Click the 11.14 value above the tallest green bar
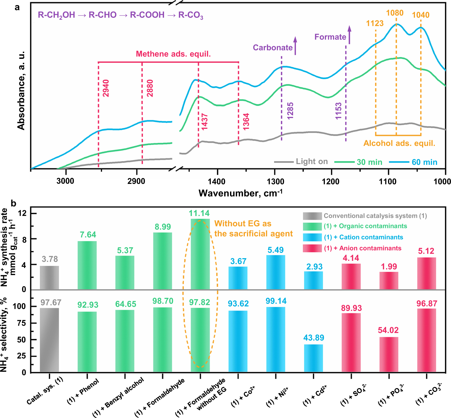tap(199, 213)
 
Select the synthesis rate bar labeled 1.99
tap(389, 280)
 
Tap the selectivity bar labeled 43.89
tap(313, 358)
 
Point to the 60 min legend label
tap(424, 162)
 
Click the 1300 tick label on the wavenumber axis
tap(276, 182)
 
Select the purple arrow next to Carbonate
tap(295, 46)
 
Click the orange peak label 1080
tap(395, 13)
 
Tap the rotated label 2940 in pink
tap(106, 88)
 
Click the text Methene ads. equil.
tap(173, 54)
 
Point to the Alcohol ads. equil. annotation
tap(399, 143)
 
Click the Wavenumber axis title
tap(240, 193)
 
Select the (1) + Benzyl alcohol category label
tap(118, 396)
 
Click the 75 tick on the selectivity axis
tap(22, 323)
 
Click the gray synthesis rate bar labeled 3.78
tap(49, 278)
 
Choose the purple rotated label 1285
tap(290, 111)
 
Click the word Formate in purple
tap(330, 37)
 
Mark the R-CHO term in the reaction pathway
tap(103, 15)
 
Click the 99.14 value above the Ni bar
tap(276, 301)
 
